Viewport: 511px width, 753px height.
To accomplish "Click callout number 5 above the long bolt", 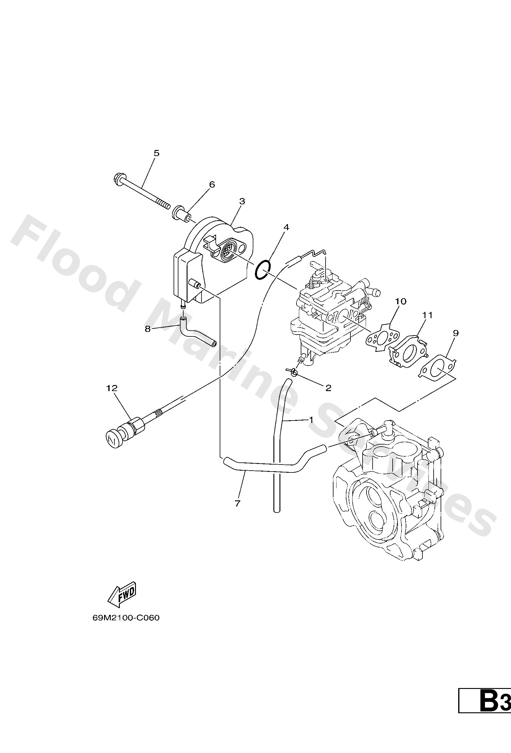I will [156, 153].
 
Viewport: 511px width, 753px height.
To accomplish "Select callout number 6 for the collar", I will [212, 185].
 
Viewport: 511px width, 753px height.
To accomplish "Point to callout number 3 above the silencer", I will [242, 201].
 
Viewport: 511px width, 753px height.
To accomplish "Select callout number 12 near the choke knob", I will [112, 388].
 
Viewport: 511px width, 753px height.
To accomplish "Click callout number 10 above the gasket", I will [401, 301].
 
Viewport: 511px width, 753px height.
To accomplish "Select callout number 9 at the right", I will [456, 333].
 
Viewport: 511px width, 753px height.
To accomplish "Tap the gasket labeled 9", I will [438, 368].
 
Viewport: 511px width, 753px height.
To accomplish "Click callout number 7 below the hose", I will [237, 504].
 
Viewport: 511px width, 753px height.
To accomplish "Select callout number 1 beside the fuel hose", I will [311, 420].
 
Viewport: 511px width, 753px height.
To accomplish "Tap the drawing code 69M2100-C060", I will [126, 618].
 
